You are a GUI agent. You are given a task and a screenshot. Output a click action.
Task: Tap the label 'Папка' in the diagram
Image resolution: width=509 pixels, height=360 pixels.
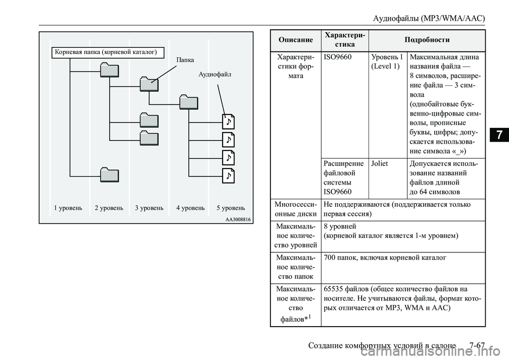(x=185, y=60)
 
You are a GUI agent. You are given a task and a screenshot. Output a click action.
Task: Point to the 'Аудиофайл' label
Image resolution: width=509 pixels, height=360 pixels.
(x=215, y=74)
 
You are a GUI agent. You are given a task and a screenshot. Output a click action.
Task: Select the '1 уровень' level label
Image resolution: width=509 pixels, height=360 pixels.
(x=68, y=208)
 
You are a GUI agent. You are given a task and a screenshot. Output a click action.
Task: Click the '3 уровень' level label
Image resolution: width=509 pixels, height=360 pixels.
(x=150, y=208)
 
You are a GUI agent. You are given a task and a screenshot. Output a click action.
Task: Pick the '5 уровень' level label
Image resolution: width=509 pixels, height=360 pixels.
(x=231, y=208)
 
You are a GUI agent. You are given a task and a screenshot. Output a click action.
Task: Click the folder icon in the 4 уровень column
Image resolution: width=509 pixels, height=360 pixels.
(x=189, y=102)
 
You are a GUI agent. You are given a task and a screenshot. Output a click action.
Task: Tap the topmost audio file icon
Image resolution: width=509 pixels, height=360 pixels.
(x=228, y=122)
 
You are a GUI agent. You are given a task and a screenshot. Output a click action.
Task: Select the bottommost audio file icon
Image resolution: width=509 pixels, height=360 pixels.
(x=228, y=175)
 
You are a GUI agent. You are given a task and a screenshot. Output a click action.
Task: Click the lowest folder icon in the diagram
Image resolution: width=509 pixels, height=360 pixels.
(x=109, y=174)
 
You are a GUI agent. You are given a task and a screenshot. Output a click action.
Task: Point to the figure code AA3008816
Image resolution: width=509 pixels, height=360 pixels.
(x=238, y=219)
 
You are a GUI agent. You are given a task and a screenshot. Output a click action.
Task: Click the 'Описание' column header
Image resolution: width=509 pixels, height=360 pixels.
(x=296, y=40)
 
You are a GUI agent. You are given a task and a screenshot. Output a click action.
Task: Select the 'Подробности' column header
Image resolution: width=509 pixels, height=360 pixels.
(x=427, y=40)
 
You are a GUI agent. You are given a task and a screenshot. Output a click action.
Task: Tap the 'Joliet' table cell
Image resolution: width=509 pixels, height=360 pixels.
(x=380, y=164)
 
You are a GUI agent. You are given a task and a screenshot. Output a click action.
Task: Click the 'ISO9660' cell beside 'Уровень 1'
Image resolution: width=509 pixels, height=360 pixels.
(x=338, y=57)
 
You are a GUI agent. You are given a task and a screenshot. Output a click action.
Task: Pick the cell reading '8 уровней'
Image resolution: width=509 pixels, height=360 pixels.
(x=340, y=226)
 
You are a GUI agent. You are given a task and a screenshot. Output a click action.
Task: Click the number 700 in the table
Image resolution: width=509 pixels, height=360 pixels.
(x=329, y=258)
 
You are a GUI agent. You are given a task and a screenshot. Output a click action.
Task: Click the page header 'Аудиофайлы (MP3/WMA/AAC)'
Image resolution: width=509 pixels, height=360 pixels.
(x=428, y=18)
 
